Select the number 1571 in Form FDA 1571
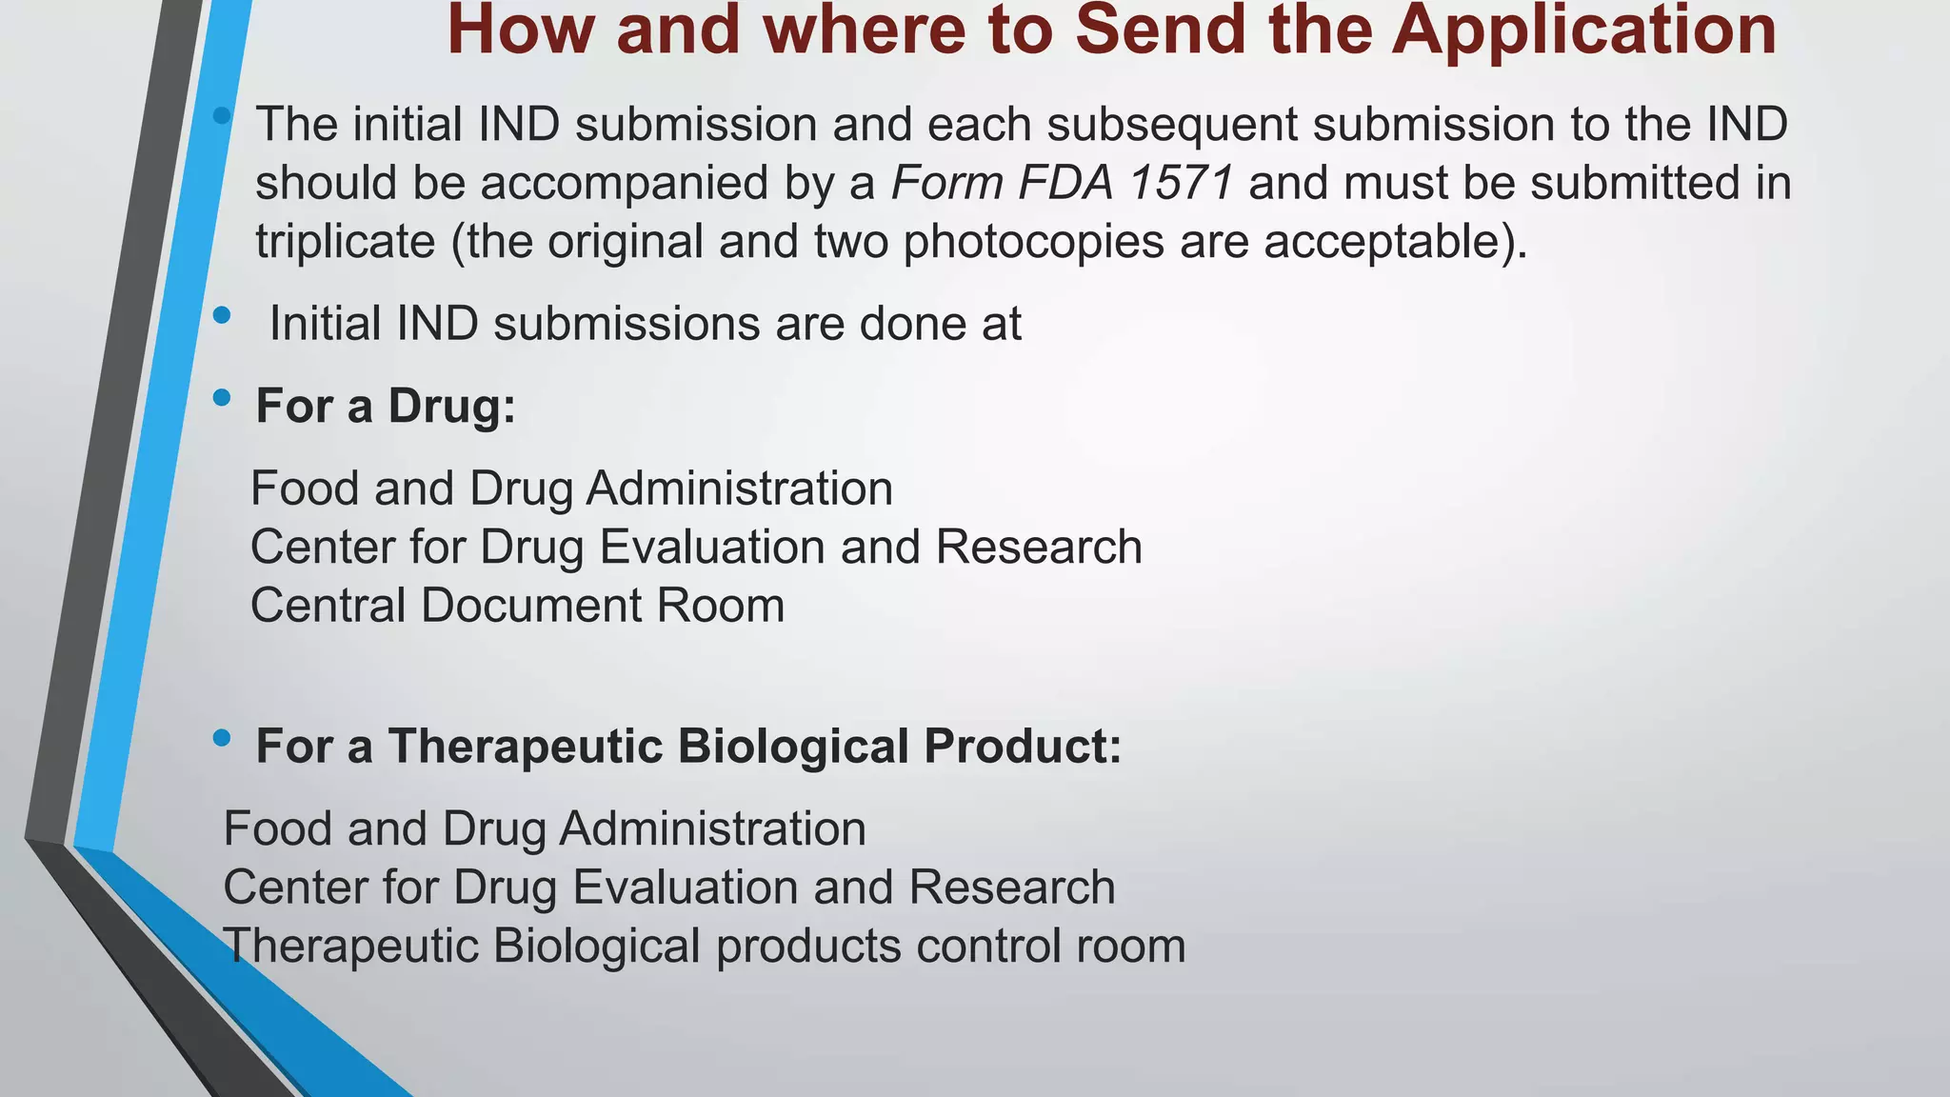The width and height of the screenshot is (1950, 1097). (1180, 183)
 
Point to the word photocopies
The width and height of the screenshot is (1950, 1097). (1033, 242)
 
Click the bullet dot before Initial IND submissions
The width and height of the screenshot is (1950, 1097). (222, 316)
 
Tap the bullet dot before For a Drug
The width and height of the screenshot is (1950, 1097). (222, 398)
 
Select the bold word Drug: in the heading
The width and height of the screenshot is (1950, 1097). (451, 407)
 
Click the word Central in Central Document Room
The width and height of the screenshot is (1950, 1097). (328, 606)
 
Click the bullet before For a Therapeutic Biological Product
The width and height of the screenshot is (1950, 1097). (222, 737)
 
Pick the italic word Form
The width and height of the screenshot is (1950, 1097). (946, 183)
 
